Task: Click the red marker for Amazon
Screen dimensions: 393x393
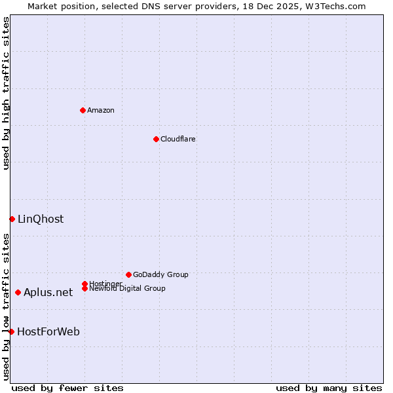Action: point(83,110)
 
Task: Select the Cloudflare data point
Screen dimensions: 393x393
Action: point(156,139)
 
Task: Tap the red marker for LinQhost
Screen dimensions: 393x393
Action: point(12,219)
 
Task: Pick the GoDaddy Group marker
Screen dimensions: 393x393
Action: point(128,274)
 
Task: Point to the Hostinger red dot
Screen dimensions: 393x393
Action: point(84,284)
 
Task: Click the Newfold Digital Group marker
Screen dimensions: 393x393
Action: point(84,288)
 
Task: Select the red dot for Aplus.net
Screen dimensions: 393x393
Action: point(18,292)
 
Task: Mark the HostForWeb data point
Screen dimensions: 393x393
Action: point(11,331)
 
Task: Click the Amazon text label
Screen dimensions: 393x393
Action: point(101,110)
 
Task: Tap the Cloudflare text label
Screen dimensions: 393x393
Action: point(178,139)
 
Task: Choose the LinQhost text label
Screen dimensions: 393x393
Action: point(41,219)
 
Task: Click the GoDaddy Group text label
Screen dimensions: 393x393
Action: point(160,274)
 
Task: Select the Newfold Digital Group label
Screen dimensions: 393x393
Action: point(127,289)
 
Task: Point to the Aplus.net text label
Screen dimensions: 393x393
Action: point(48,292)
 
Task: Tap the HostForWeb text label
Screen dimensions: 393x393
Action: point(48,331)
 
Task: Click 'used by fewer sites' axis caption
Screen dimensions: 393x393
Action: point(67,388)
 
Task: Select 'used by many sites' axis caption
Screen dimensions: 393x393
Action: point(329,388)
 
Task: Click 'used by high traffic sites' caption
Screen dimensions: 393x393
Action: point(6,93)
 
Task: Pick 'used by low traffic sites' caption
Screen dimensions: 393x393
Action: point(6,307)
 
